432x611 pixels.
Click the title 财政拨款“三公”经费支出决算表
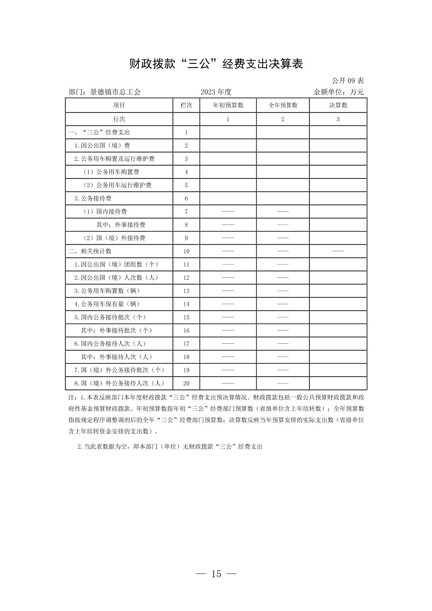click(x=216, y=64)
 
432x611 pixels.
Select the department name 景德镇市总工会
click(x=115, y=92)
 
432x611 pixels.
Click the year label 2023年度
click(x=216, y=92)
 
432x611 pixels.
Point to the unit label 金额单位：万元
click(x=338, y=92)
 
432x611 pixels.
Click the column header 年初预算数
click(x=228, y=105)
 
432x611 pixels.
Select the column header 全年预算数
click(x=283, y=105)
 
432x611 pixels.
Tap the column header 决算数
click(x=338, y=105)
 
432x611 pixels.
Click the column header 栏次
click(x=186, y=105)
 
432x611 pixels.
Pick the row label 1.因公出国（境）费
click(x=102, y=146)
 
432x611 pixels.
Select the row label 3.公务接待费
click(x=93, y=199)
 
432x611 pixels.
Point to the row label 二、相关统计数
click(x=90, y=251)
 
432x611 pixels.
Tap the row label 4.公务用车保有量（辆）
click(x=107, y=304)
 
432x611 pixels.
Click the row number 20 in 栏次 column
click(x=186, y=383)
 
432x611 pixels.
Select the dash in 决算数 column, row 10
click(x=338, y=251)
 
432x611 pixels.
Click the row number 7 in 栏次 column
click(x=186, y=212)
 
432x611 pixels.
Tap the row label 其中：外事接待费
click(x=121, y=225)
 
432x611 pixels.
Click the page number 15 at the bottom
click(x=216, y=574)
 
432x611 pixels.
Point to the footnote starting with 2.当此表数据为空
click(x=170, y=447)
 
